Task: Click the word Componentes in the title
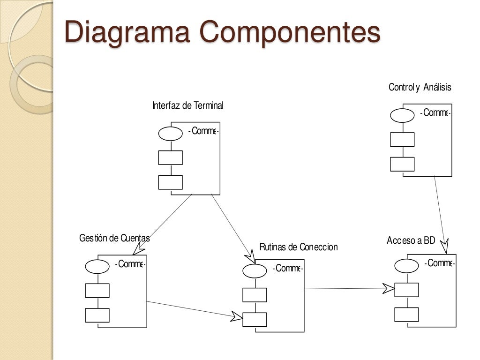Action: pyautogui.click(x=290, y=33)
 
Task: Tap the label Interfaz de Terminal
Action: pyautogui.click(x=188, y=105)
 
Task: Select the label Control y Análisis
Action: pyautogui.click(x=420, y=87)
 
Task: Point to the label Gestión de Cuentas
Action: pyautogui.click(x=114, y=238)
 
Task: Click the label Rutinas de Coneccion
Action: pyautogui.click(x=298, y=247)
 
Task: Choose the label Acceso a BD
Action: pyautogui.click(x=411, y=241)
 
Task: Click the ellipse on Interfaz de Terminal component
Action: pyautogui.click(x=170, y=134)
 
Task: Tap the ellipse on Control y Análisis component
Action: pyautogui.click(x=402, y=115)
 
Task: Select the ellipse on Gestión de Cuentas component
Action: pyautogui.click(x=97, y=266)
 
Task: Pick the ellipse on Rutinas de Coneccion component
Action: pyautogui.click(x=255, y=271)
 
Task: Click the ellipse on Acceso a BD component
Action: pyautogui.click(x=406, y=265)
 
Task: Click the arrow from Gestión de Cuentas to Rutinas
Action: pyautogui.click(x=192, y=310)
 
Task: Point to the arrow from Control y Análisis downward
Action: pyautogui.click(x=440, y=211)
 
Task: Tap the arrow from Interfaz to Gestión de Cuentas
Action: pyautogui.click(x=164, y=220)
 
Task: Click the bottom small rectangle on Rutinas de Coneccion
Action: pyautogui.click(x=255, y=319)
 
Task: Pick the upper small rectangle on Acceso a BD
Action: pyautogui.click(x=406, y=290)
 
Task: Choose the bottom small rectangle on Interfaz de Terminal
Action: pyautogui.click(x=170, y=182)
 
